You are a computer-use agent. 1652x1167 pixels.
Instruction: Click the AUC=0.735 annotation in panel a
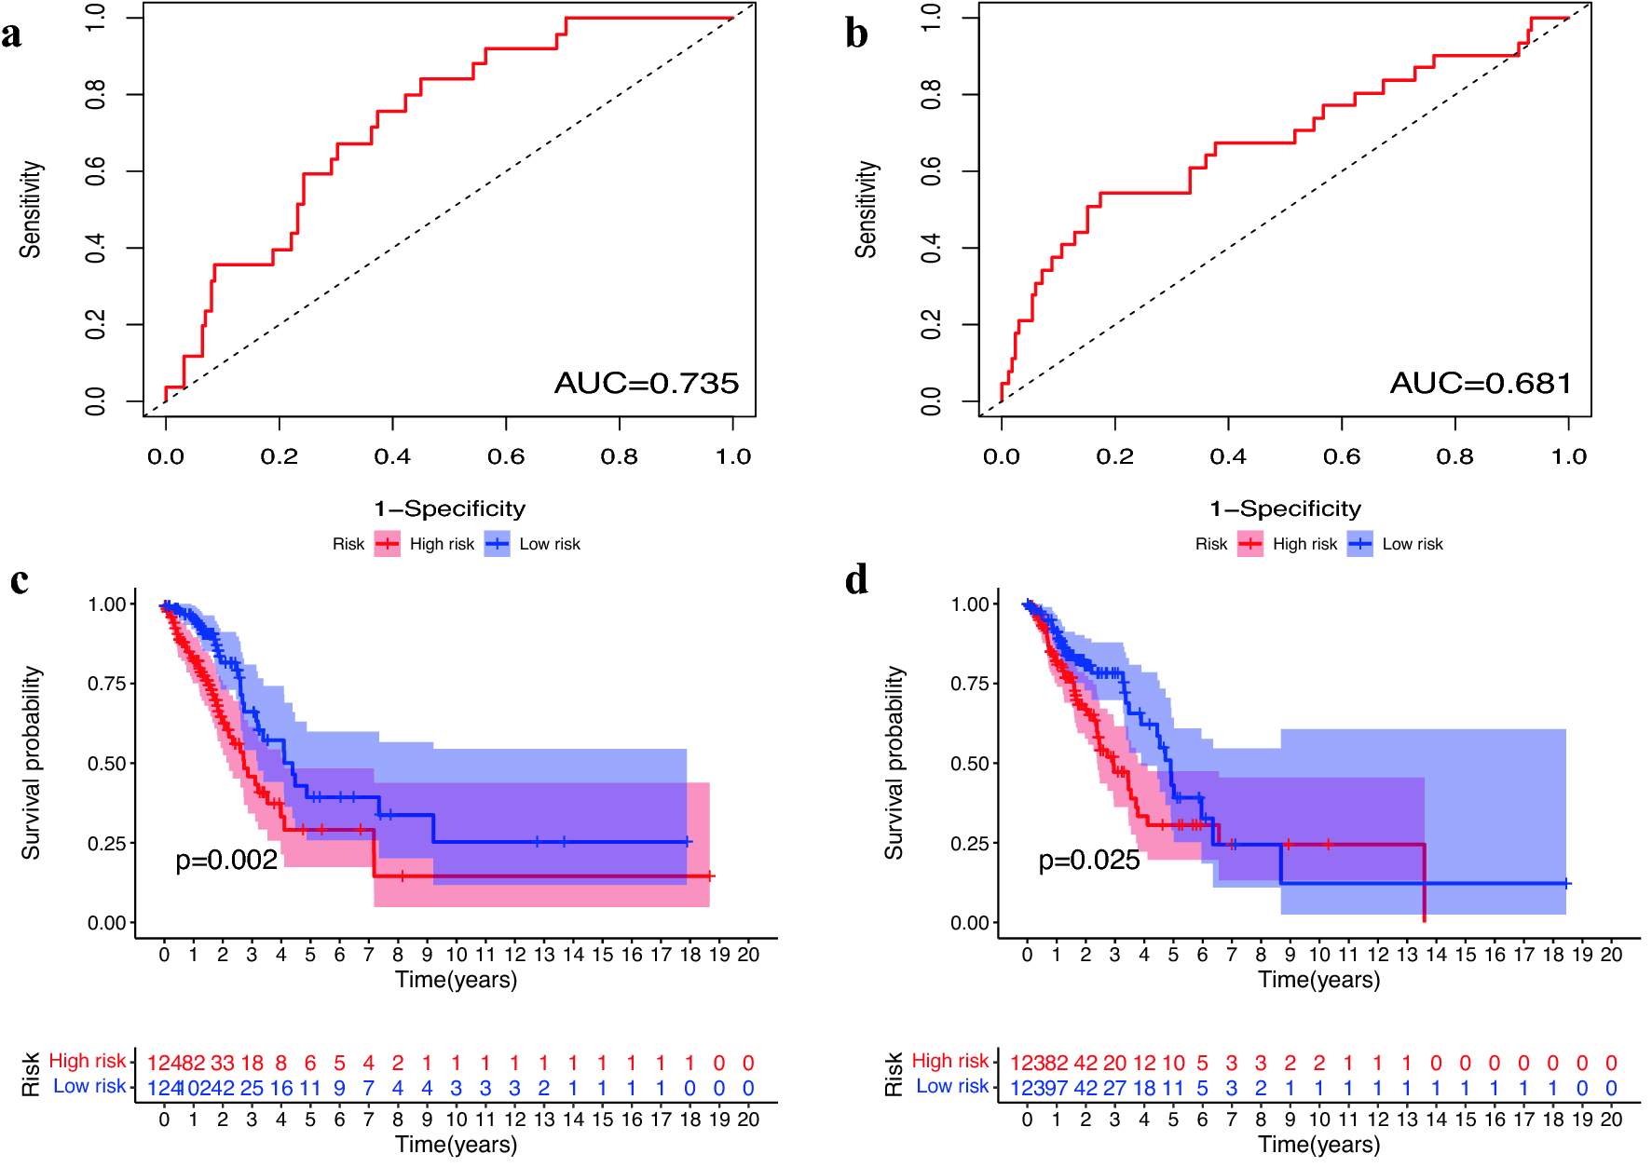[646, 383]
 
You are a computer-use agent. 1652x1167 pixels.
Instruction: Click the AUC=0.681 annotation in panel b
[1481, 383]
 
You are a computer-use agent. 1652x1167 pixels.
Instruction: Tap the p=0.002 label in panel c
[226, 860]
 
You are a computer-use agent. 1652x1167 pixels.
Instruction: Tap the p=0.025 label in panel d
[1089, 860]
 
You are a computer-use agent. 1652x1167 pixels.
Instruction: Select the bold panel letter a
[11, 34]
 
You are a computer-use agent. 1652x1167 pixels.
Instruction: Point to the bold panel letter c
[19, 580]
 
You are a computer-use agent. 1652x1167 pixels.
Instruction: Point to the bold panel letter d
[856, 579]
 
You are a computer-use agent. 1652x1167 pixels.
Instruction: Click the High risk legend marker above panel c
[388, 544]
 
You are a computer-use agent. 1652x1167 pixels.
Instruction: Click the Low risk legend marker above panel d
[1360, 544]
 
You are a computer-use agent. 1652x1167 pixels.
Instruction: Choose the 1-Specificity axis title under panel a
[449, 509]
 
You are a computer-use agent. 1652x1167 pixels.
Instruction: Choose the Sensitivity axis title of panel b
[867, 209]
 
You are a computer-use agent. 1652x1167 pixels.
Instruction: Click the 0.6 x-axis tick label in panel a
[506, 456]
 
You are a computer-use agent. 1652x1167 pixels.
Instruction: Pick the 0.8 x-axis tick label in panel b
[1454, 456]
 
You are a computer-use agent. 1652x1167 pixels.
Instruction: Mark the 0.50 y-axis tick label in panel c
[106, 764]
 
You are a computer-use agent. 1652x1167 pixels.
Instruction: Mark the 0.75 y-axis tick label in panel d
[969, 684]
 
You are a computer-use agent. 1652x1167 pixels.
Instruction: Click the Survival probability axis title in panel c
[32, 762]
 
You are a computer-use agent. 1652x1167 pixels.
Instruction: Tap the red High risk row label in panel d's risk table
[949, 1061]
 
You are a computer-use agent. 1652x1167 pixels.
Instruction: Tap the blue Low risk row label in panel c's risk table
[89, 1086]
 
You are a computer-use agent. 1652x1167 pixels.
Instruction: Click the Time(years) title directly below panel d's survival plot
[1318, 980]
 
